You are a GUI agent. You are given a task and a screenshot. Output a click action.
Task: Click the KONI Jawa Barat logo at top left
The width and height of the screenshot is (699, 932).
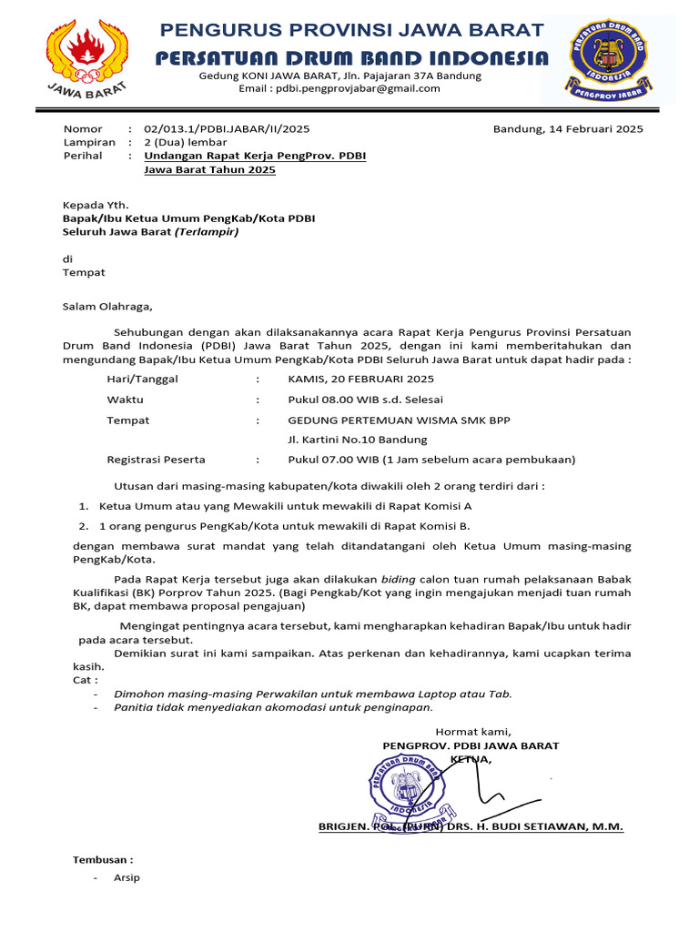point(86,57)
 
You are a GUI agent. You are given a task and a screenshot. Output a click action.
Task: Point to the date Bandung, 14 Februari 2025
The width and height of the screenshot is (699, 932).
point(568,129)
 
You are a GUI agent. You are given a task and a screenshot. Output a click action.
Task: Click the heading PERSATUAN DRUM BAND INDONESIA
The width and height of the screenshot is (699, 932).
point(351,58)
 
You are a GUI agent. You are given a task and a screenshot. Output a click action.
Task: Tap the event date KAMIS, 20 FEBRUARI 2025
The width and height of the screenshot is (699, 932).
point(360,379)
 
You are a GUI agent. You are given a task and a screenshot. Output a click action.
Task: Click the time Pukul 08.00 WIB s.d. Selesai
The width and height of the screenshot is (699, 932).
point(366,400)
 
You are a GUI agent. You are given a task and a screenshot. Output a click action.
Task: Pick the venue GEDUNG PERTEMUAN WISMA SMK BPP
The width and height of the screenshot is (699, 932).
point(400,420)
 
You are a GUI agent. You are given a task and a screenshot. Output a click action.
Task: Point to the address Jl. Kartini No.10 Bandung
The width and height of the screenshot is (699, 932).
point(358,440)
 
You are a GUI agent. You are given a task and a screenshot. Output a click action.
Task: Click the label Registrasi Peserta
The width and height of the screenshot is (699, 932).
point(156,460)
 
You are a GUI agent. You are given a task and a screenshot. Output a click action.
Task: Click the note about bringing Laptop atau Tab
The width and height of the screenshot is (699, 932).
point(312,694)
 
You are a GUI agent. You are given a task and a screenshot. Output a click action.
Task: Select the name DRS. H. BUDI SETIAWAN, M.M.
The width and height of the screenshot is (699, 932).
point(537,826)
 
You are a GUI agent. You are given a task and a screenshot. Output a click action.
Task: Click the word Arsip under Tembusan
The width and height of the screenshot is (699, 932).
point(127,878)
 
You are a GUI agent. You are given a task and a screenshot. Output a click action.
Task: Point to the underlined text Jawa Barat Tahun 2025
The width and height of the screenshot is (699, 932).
point(209,170)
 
